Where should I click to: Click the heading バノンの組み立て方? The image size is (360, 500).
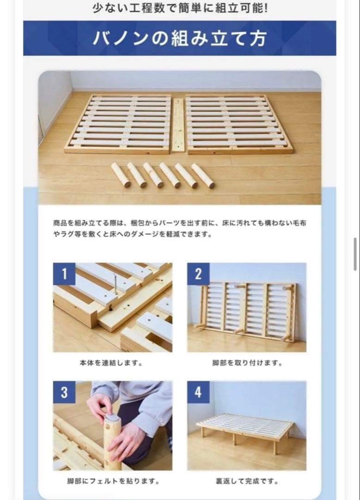tap(180, 38)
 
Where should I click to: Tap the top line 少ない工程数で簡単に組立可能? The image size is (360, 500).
tap(180, 9)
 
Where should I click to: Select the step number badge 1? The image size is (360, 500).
tap(64, 274)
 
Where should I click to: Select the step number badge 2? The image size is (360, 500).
tap(198, 274)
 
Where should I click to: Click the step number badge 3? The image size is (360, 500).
tap(64, 392)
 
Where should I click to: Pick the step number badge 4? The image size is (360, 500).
tap(198, 392)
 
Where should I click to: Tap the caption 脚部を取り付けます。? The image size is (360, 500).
tap(247, 363)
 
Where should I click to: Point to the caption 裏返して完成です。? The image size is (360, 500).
tap(247, 481)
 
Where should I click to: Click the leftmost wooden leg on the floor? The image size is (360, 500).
tap(121, 175)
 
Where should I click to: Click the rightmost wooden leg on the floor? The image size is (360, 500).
tap(203, 175)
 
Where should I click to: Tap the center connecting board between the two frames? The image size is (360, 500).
tap(178, 125)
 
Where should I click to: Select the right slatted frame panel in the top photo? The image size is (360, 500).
tap(238, 124)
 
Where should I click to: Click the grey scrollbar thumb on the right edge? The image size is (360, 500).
tap(355, 250)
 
